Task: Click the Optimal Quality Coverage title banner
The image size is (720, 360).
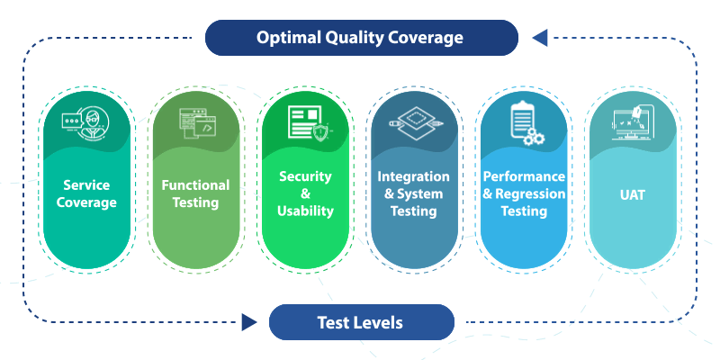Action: (x=360, y=38)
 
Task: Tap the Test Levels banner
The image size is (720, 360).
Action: (x=360, y=322)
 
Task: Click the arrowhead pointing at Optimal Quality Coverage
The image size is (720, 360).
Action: (x=539, y=38)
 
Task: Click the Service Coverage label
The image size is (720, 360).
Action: (x=86, y=193)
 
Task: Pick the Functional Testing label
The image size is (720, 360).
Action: (x=195, y=193)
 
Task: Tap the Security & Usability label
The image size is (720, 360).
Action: (x=305, y=193)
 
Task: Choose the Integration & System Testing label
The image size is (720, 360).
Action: (x=414, y=193)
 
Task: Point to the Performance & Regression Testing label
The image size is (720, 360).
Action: (x=524, y=193)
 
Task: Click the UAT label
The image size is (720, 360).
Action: (x=633, y=193)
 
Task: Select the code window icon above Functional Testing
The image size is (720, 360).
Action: (x=195, y=122)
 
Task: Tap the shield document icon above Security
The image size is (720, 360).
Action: (x=305, y=122)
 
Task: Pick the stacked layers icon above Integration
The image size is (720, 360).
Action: (x=414, y=122)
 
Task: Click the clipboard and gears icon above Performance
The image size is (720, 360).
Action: (x=522, y=122)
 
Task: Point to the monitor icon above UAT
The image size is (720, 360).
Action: (x=633, y=122)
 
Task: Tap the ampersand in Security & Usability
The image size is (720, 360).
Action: (x=305, y=193)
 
